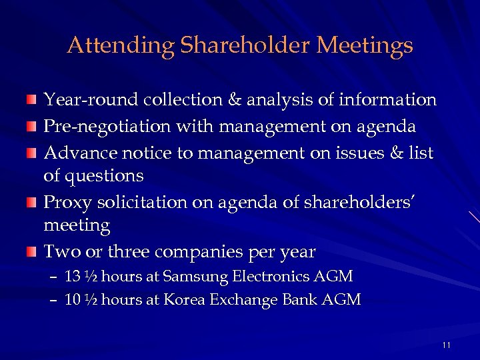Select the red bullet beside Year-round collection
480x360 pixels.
tap(31, 101)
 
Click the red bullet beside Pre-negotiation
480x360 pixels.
tap(31, 126)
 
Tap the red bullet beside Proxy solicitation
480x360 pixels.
tap(31, 202)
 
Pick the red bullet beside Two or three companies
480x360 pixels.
tap(31, 253)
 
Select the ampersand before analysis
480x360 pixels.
tap(235, 100)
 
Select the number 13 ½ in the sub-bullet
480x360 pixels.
tap(81, 276)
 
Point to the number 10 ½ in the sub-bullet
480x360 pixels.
tap(81, 300)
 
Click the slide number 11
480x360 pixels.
tap(446, 345)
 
